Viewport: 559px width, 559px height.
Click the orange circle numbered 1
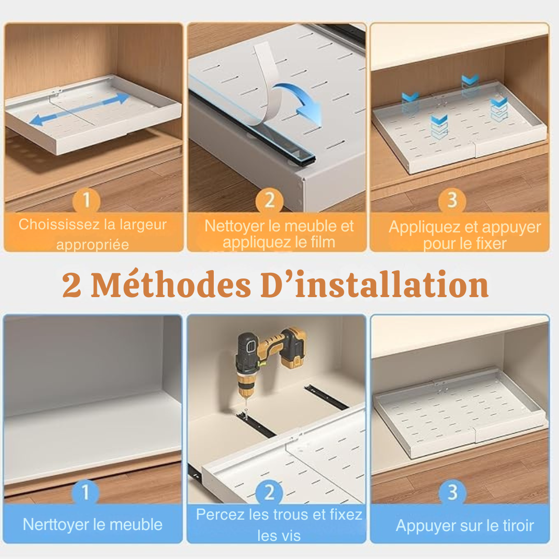click(x=86, y=200)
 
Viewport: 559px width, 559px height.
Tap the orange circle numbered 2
click(x=269, y=200)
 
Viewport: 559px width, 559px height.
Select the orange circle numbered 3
click(x=452, y=200)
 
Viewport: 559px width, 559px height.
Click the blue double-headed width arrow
click(x=79, y=109)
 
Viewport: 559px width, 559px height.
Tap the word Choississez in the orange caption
click(x=54, y=225)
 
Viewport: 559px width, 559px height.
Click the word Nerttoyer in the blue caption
click(x=56, y=524)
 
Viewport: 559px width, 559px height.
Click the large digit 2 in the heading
click(x=72, y=286)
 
